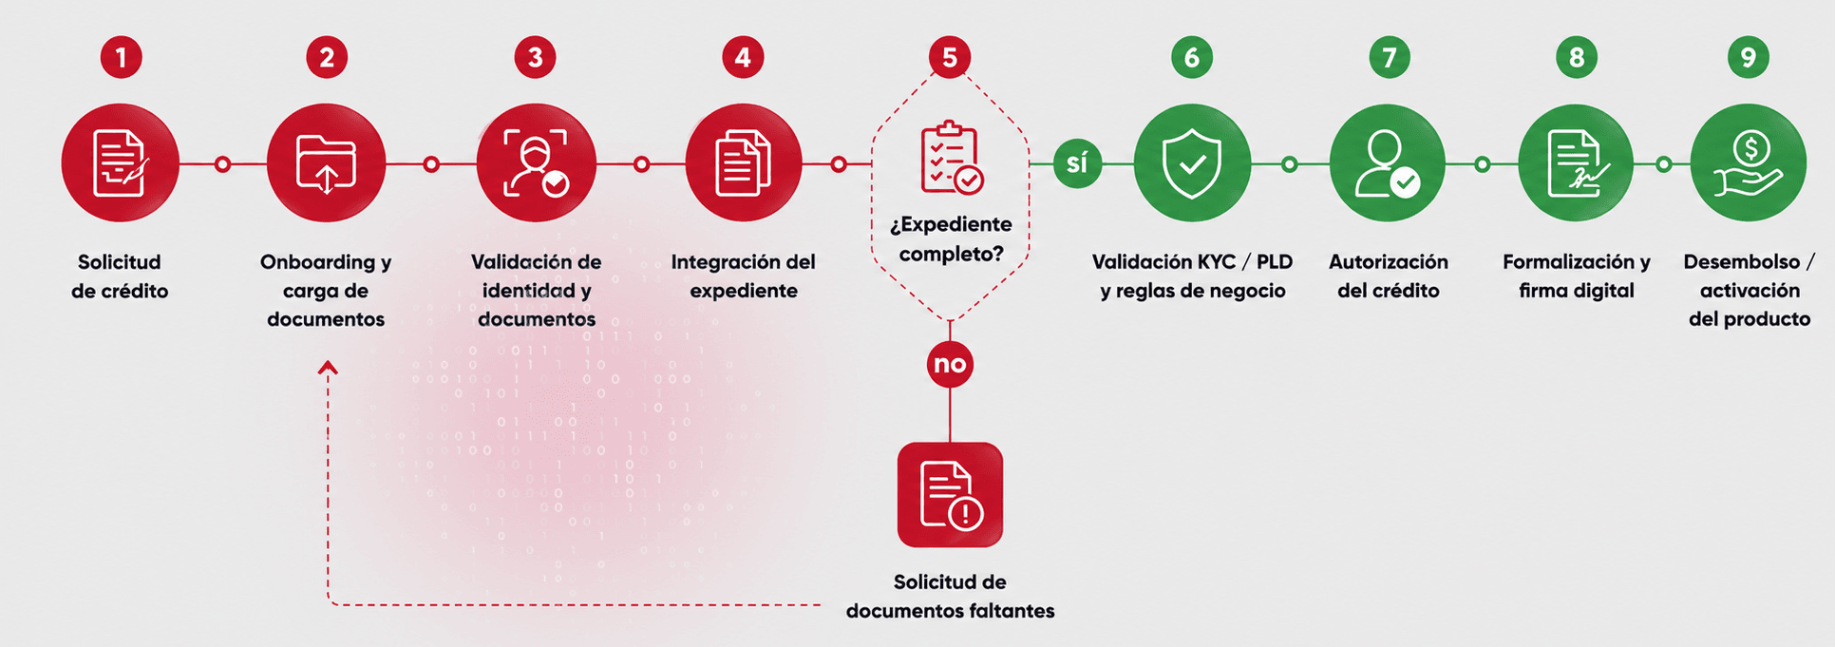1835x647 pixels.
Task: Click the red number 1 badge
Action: point(121,58)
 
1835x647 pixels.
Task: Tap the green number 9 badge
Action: point(1748,58)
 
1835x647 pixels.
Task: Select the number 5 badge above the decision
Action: point(950,58)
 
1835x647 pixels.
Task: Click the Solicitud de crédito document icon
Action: point(121,162)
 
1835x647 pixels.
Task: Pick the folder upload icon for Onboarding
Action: point(326,162)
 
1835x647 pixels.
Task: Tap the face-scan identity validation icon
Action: point(536,162)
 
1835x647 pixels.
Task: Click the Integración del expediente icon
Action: point(743,162)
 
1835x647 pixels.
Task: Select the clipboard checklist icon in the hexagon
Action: point(951,157)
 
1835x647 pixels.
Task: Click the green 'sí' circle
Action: point(1077,163)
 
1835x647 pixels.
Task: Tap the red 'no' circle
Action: point(950,364)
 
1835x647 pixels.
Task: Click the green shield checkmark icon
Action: point(1192,162)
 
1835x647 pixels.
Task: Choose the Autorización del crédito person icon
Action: point(1388,162)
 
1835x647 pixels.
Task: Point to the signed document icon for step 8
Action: point(1576,162)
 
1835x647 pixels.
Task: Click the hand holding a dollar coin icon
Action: point(1749,162)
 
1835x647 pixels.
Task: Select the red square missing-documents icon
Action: point(950,494)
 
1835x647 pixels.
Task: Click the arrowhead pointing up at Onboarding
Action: point(328,367)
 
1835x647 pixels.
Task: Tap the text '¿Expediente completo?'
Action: point(951,239)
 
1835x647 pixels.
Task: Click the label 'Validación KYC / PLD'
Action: point(1192,262)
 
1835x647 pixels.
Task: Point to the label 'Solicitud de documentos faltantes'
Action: point(950,597)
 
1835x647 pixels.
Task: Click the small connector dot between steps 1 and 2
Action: point(222,164)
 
